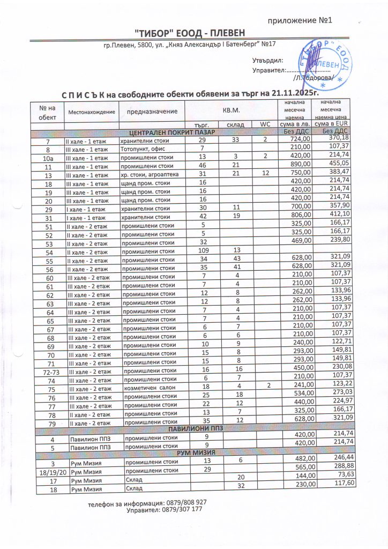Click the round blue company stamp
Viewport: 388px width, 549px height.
point(325,63)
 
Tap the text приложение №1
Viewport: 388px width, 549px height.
point(300,21)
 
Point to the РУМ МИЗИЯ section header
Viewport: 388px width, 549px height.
point(195,454)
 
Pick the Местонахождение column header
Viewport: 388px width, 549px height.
point(91,111)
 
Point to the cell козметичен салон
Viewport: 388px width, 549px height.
point(146,389)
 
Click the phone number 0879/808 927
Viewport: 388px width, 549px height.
point(185,502)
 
